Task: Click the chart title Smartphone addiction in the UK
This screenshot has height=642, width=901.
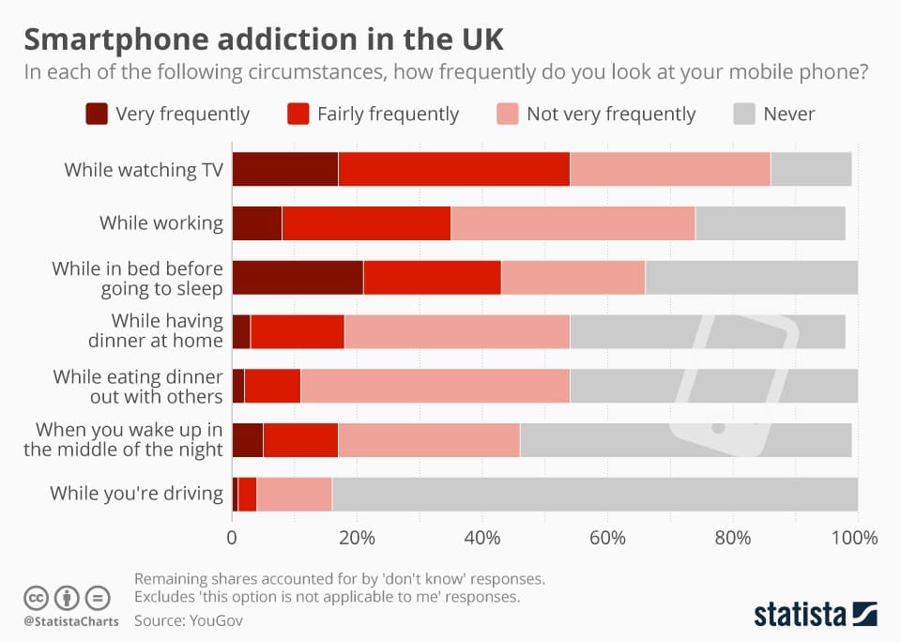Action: click(264, 40)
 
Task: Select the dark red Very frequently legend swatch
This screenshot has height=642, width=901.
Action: click(97, 115)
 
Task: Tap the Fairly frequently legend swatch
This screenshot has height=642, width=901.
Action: click(298, 115)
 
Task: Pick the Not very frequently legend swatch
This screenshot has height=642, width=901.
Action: click(507, 115)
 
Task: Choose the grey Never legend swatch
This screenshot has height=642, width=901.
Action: click(742, 115)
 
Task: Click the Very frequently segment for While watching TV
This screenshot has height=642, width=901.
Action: click(284, 169)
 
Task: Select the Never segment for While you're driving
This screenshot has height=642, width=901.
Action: click(594, 494)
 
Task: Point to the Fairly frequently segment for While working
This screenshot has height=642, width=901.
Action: click(366, 223)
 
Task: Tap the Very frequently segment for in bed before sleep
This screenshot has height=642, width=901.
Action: click(298, 278)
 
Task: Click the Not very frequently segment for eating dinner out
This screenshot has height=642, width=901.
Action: click(435, 387)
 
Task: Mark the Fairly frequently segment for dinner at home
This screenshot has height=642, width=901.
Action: click(298, 332)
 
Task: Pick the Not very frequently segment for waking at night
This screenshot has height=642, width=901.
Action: click(429, 440)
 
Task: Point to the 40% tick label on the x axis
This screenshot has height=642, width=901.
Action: click(481, 539)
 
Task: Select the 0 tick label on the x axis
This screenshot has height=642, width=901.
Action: click(232, 539)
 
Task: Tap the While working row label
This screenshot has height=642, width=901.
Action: click(161, 223)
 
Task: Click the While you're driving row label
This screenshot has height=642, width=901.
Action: click(136, 494)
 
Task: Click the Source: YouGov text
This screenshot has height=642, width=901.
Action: click(188, 619)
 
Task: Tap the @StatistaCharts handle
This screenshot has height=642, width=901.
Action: click(70, 620)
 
